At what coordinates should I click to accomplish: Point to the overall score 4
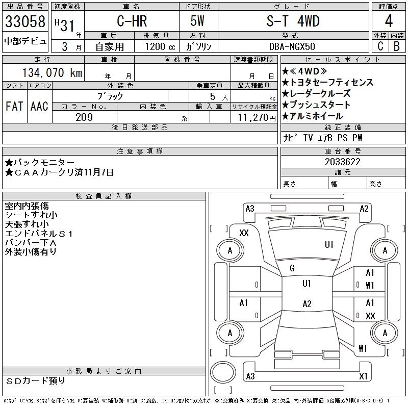(x=388, y=22)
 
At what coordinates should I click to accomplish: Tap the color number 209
(x=84, y=117)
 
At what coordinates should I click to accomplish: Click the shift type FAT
(x=15, y=106)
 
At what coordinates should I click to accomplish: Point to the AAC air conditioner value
(x=39, y=106)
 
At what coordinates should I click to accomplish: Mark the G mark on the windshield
(x=292, y=268)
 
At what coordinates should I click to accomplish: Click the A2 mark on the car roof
(x=307, y=304)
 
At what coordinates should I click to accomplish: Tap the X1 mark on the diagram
(x=363, y=376)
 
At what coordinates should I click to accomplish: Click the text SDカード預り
(x=36, y=381)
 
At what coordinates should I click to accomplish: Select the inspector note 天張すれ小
(x=27, y=224)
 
